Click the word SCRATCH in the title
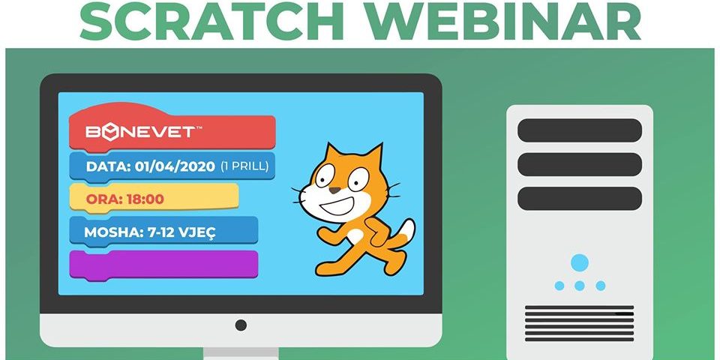pos(212,21)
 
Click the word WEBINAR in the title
pos(504,21)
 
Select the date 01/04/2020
pos(175,166)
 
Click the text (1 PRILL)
pos(244,166)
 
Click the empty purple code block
pos(163,265)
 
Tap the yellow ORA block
pos(154,199)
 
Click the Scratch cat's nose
pos(334,190)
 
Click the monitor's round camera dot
pos(241,325)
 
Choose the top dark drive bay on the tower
pos(580,130)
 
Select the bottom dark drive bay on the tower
pos(580,199)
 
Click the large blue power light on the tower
pos(580,262)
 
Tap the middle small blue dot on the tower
pos(580,286)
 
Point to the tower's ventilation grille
pos(580,323)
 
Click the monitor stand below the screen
pos(241,353)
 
